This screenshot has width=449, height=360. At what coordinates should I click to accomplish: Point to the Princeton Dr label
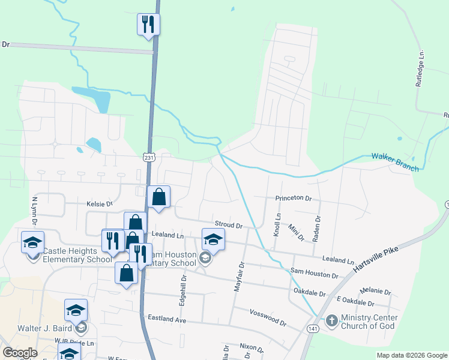pyautogui.click(x=294, y=198)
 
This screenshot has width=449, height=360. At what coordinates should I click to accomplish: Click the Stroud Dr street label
pyautogui.click(x=228, y=226)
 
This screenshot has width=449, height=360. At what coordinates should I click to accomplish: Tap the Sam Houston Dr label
pyautogui.click(x=314, y=274)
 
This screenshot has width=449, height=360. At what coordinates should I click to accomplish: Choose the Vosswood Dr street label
pyautogui.click(x=268, y=316)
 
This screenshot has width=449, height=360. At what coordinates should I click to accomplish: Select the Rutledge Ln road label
pyautogui.click(x=421, y=68)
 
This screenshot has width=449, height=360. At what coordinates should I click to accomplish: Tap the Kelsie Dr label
pyautogui.click(x=100, y=204)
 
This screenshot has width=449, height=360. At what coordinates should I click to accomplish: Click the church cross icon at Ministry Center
pyautogui.click(x=331, y=321)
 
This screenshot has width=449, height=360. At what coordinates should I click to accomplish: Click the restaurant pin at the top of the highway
pyautogui.click(x=148, y=25)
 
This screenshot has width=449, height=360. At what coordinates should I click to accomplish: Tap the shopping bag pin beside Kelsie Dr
pyautogui.click(x=158, y=197)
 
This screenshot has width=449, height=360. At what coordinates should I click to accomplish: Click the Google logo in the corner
pyautogui.click(x=20, y=353)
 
